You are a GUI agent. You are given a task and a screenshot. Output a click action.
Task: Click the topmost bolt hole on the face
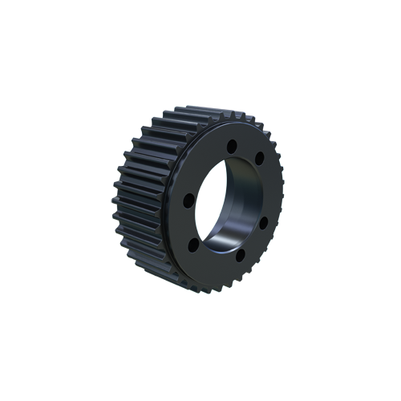(231, 146)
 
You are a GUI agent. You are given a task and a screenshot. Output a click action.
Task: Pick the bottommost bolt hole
(240, 257)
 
